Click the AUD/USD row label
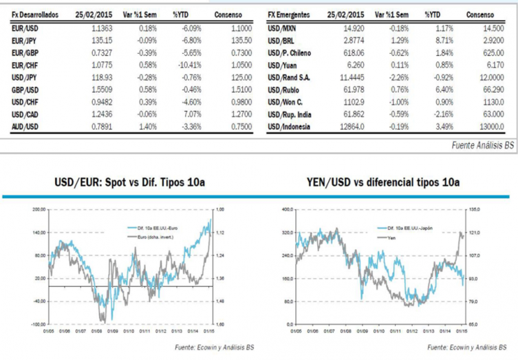[x=25, y=127]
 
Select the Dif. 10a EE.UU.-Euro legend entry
[x=154, y=226]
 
